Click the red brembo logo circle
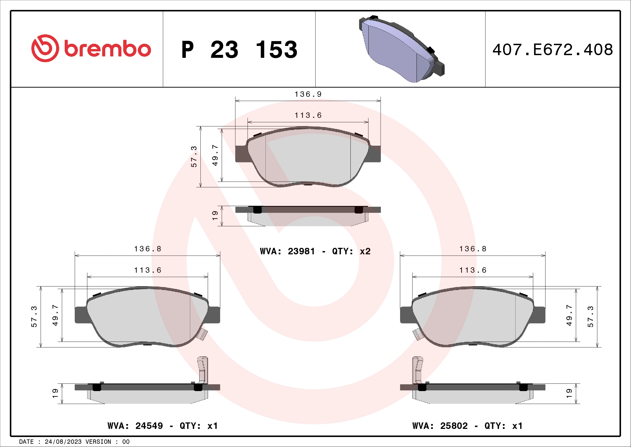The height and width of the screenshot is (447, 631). click(45, 48)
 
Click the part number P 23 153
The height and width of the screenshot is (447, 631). click(239, 50)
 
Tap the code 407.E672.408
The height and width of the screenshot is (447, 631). click(552, 50)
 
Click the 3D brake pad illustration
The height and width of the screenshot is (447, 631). click(401, 49)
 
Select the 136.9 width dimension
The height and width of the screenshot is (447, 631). click(308, 94)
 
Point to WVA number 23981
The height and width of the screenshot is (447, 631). click(301, 251)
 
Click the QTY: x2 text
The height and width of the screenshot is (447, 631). click(351, 251)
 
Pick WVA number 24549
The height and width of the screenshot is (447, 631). click(149, 426)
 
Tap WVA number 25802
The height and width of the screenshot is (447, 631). click(454, 426)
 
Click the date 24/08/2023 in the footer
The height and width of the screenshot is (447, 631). click(63, 442)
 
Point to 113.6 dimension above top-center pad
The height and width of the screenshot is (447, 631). click(308, 115)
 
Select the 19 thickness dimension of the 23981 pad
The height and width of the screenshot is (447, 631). click(215, 215)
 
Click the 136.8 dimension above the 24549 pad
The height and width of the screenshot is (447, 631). click(148, 249)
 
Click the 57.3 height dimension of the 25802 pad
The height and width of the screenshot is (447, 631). click(591, 316)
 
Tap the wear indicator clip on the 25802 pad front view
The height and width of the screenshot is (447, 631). click(417, 335)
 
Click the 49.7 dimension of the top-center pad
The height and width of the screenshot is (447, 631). click(215, 155)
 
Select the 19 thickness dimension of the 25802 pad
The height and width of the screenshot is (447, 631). click(569, 393)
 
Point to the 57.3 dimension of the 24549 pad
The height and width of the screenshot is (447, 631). click(34, 316)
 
